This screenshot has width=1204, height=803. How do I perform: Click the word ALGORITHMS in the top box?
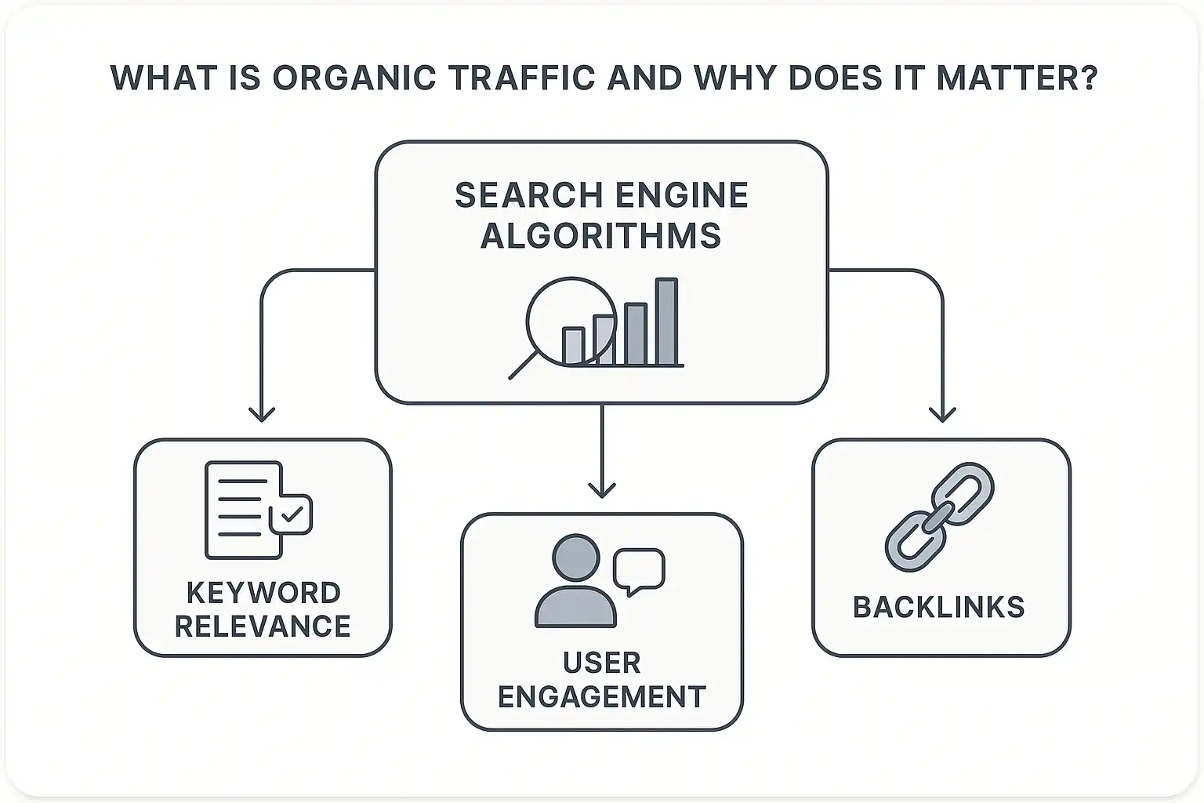(x=601, y=235)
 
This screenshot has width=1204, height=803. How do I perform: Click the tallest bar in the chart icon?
(x=666, y=322)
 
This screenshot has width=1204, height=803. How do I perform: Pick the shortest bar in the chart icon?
(x=573, y=346)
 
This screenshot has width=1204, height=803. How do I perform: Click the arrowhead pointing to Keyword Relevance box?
(x=261, y=414)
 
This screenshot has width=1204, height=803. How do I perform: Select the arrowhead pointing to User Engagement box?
(x=601, y=489)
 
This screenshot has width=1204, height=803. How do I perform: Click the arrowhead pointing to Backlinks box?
(x=942, y=414)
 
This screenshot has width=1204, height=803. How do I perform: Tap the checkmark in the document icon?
(x=292, y=514)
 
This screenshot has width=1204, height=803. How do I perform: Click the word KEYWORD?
(x=263, y=592)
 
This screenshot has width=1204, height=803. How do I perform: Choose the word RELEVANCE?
(x=263, y=627)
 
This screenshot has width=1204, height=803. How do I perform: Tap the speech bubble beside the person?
(x=639, y=570)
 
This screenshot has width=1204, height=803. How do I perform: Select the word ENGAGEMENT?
(x=601, y=696)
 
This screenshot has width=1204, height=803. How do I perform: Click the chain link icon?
(x=940, y=516)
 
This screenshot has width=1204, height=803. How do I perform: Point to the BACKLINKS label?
(x=939, y=608)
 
